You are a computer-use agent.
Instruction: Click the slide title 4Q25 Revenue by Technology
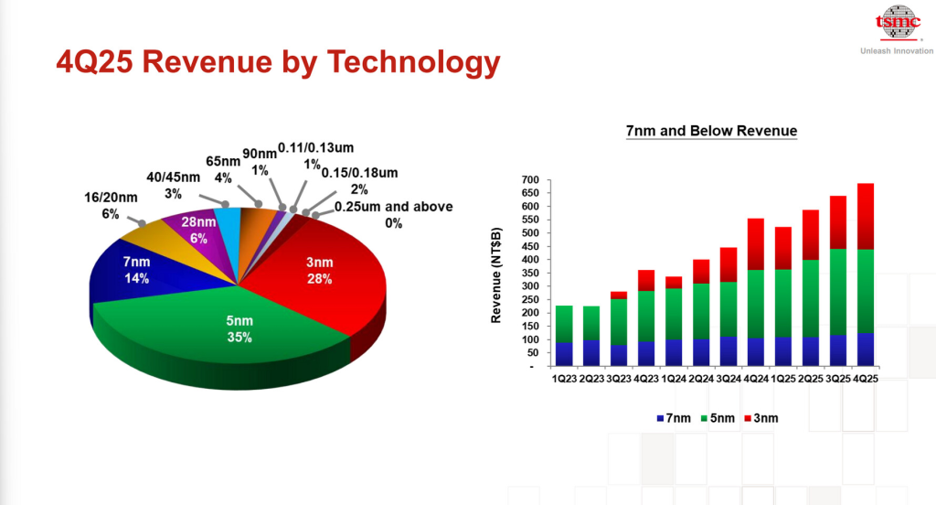pos(278,61)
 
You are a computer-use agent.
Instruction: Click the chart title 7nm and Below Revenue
pos(711,131)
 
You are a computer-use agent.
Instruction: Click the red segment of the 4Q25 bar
pos(858,216)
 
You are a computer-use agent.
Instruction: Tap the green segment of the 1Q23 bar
pos(564,324)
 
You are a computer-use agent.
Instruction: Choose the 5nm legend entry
pos(717,418)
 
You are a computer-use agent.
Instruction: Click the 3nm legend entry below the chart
pos(762,418)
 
